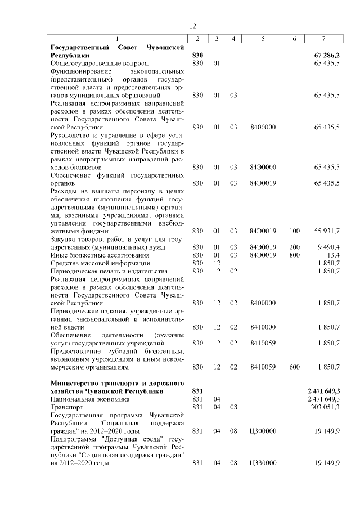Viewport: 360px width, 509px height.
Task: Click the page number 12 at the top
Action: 192,26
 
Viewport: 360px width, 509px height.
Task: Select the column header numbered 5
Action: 263,38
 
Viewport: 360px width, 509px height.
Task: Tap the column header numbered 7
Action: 323,38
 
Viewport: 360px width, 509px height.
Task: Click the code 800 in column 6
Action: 294,254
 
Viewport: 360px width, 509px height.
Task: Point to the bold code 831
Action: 197,391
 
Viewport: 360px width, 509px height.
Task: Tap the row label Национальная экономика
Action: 82,399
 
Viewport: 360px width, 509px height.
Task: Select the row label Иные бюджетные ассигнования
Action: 93,254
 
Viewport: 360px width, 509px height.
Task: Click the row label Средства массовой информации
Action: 93,263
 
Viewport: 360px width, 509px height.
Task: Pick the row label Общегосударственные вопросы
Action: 92,64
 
